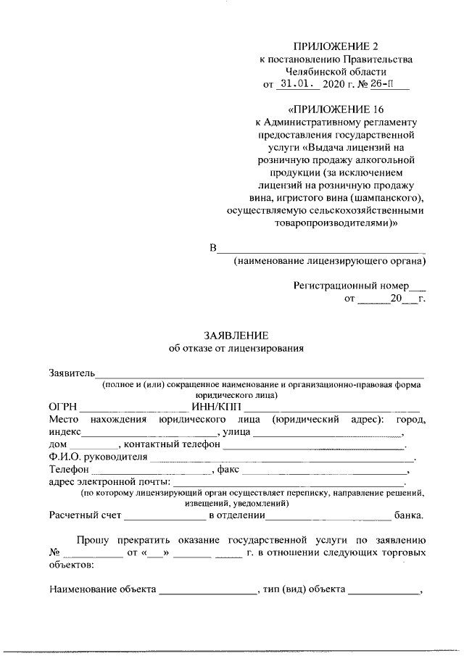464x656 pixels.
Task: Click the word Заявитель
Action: tap(72, 373)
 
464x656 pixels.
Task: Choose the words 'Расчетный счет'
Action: tap(85, 516)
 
